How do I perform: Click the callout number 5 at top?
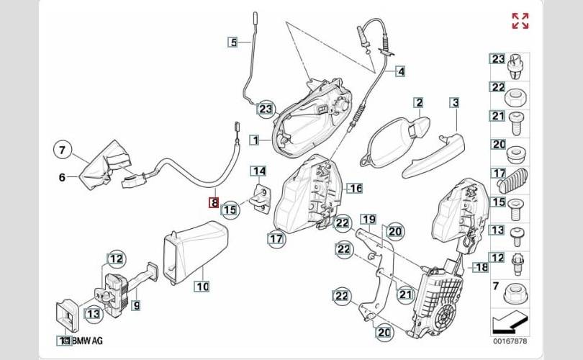tap(232, 42)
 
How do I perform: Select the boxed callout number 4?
tap(400, 71)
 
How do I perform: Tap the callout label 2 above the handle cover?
tap(417, 103)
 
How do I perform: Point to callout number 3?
tap(454, 103)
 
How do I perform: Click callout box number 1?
tap(255, 138)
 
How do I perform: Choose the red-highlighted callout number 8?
tap(214, 203)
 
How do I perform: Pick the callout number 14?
tap(258, 171)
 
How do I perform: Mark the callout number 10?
tap(202, 287)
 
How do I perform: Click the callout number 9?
tap(135, 305)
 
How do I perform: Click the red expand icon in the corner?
tap(520, 21)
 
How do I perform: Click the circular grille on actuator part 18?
tap(448, 317)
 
